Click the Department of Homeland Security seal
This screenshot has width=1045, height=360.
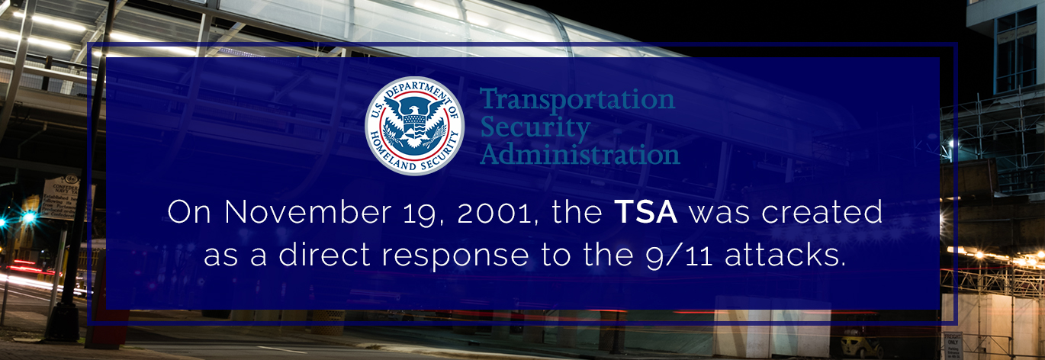pos(414,126)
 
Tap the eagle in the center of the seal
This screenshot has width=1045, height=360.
pos(414,122)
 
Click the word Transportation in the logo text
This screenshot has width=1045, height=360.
pos(577,100)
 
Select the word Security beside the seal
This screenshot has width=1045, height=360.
pos(535,127)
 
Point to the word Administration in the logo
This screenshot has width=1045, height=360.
pos(580,155)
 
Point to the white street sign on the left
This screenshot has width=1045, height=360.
pos(65,198)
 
